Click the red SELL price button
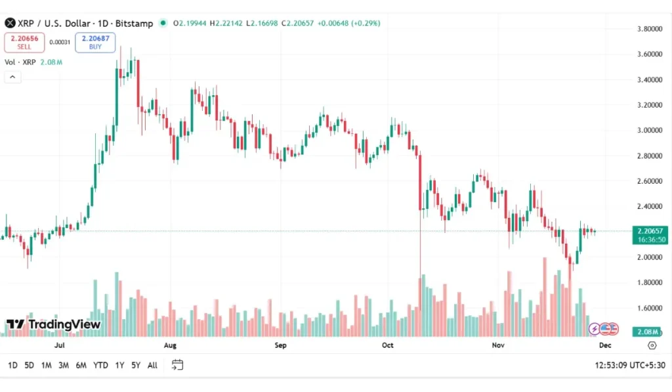tap(24, 43)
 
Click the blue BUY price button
tap(95, 43)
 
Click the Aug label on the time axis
tap(170, 345)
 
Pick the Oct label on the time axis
tap(387, 345)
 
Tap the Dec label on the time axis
tap(605, 345)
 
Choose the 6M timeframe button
tap(81, 365)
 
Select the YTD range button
tap(100, 365)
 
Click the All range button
tap(152, 365)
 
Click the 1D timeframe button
tap(12, 365)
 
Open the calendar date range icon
tap(177, 365)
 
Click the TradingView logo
tap(54, 324)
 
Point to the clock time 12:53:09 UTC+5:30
tap(629, 365)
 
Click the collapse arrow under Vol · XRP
tap(13, 77)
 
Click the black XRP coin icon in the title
tap(10, 23)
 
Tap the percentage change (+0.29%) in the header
tap(365, 23)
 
